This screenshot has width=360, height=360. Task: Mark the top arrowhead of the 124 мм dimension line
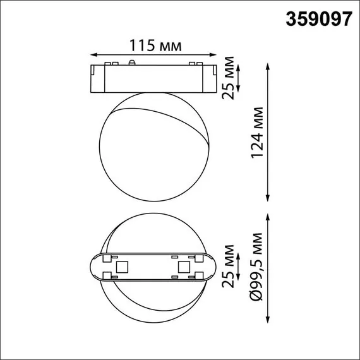click(270, 66)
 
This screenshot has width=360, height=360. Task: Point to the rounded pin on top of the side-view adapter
click(132, 63)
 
